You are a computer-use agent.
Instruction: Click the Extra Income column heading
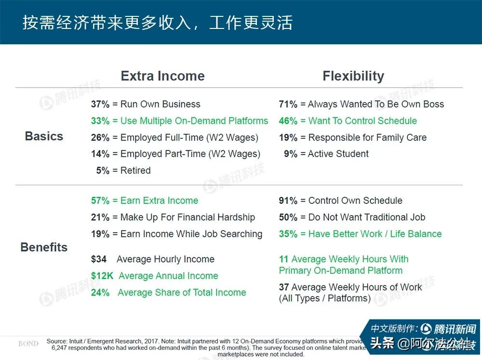162,76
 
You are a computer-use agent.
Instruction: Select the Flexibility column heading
353,76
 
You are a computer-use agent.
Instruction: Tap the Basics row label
44,136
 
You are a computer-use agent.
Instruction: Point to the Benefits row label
44,247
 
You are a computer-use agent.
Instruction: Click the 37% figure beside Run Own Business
100,104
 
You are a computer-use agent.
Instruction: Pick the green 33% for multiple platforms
100,121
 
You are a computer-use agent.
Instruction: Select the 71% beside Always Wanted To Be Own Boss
288,104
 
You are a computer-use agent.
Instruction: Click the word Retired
135,171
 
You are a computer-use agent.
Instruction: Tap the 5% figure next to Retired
103,171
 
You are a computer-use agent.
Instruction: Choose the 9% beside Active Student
291,154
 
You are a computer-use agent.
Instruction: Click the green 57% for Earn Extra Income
100,201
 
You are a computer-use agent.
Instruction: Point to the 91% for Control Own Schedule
288,201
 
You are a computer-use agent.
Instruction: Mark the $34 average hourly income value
99,259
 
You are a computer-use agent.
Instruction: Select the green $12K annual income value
101,276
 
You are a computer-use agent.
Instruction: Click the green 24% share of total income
100,293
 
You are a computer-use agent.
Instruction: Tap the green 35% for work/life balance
288,234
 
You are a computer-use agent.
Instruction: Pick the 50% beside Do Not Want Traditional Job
288,217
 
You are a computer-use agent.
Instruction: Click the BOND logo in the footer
28,344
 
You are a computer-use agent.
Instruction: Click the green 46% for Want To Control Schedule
288,121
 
